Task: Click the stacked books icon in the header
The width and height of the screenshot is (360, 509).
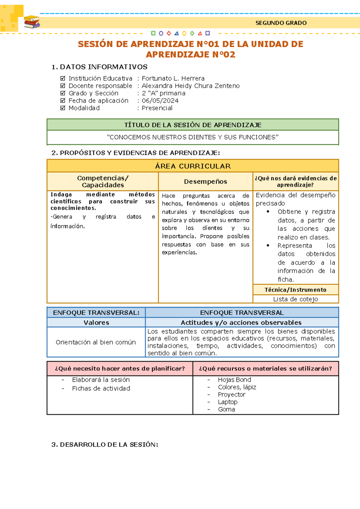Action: [32, 22]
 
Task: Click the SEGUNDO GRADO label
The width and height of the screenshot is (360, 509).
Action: [281, 23]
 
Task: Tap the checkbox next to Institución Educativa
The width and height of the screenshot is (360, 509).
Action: [63, 78]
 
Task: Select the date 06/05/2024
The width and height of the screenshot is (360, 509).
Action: [160, 101]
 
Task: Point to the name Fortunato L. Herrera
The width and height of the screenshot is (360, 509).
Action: [173, 78]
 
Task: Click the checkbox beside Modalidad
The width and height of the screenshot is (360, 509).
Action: [63, 108]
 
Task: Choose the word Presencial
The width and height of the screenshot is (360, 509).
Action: [157, 108]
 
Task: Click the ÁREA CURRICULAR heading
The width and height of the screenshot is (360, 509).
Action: [193, 166]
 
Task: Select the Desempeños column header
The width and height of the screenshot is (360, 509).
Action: [205, 182]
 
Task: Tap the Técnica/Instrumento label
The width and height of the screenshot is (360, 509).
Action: [295, 290]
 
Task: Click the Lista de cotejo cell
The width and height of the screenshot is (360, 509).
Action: [295, 299]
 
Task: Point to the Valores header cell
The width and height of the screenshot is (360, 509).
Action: [96, 323]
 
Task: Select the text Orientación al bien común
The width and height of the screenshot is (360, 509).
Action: [96, 342]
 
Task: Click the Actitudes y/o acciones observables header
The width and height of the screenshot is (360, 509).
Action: [241, 323]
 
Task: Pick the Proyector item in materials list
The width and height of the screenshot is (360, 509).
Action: [232, 395]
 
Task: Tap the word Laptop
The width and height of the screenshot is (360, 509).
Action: [227, 402]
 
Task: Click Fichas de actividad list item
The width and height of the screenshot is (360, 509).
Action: [101, 388]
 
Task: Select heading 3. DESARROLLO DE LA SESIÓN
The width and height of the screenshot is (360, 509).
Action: [105, 444]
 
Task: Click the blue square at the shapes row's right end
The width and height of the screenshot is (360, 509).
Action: [208, 33]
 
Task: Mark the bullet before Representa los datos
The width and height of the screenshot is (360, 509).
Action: [268, 245]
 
